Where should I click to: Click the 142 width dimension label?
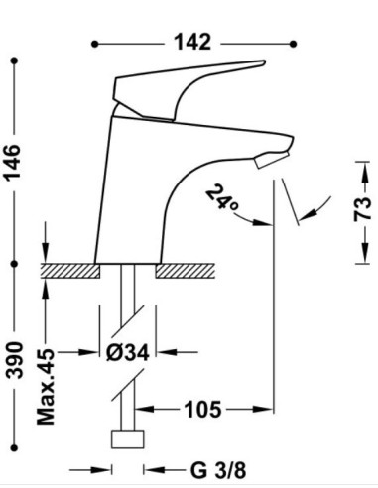pyautogui.click(x=192, y=43)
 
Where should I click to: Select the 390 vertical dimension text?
pyautogui.click(x=14, y=360)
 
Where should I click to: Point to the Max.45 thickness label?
pyautogui.click(x=46, y=386)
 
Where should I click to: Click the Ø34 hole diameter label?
pyautogui.click(x=128, y=352)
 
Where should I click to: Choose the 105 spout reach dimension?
pyautogui.click(x=202, y=410)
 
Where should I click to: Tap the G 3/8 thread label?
pyautogui.click(x=218, y=470)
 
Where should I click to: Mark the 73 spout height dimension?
pyautogui.click(x=362, y=209)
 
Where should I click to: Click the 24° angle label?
pyautogui.click(x=222, y=198)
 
